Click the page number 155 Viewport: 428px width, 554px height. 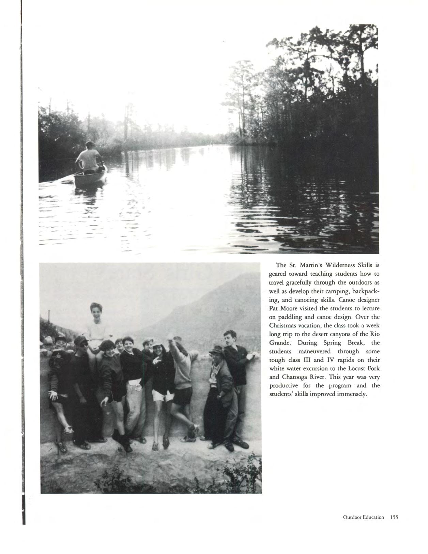coord(394,517)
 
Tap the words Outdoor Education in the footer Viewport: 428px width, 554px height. coord(363,517)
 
